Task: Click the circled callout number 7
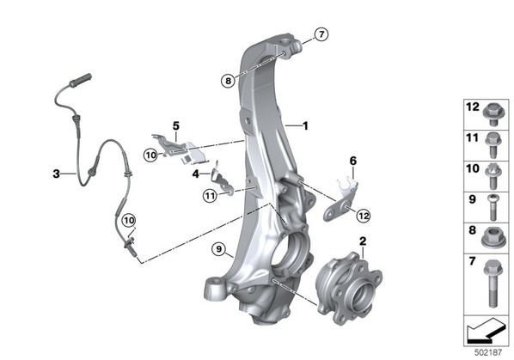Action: pyautogui.click(x=321, y=34)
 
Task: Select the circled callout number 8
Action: pyautogui.click(x=228, y=80)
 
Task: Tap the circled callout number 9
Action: pyautogui.click(x=218, y=249)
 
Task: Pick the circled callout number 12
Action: pyautogui.click(x=364, y=216)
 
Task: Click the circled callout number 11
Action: pyautogui.click(x=210, y=196)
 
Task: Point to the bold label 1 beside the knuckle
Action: pyautogui.click(x=305, y=125)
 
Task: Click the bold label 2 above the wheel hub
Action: pyautogui.click(x=363, y=241)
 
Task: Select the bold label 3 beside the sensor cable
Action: pyautogui.click(x=57, y=174)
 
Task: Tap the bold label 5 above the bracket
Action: pyautogui.click(x=176, y=125)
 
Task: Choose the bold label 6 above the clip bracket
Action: pyautogui.click(x=353, y=161)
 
